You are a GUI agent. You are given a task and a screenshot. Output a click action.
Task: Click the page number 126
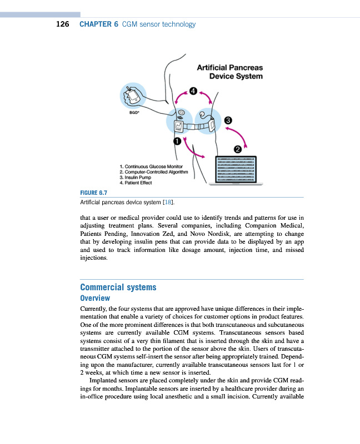(x=62, y=24)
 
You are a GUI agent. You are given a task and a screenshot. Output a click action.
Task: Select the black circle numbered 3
(x=227, y=120)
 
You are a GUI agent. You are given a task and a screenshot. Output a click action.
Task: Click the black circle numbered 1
(x=177, y=142)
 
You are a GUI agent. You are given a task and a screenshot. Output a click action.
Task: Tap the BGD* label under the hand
(x=134, y=112)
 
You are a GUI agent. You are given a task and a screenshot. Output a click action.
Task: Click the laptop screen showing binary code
(x=235, y=169)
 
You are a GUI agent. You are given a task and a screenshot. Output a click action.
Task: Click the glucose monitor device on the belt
(x=179, y=126)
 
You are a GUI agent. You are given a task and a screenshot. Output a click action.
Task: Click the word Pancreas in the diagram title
(x=243, y=68)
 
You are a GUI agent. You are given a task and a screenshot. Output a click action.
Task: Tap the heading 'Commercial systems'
(x=118, y=287)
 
